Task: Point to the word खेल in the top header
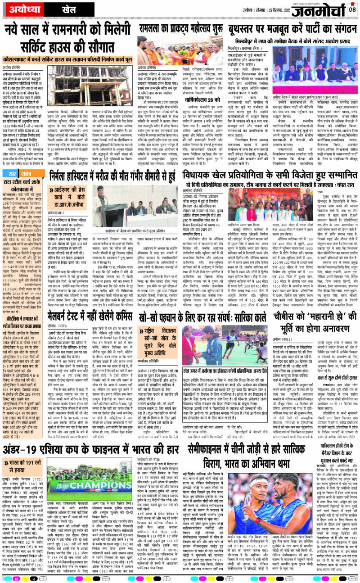pos(56,9)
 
